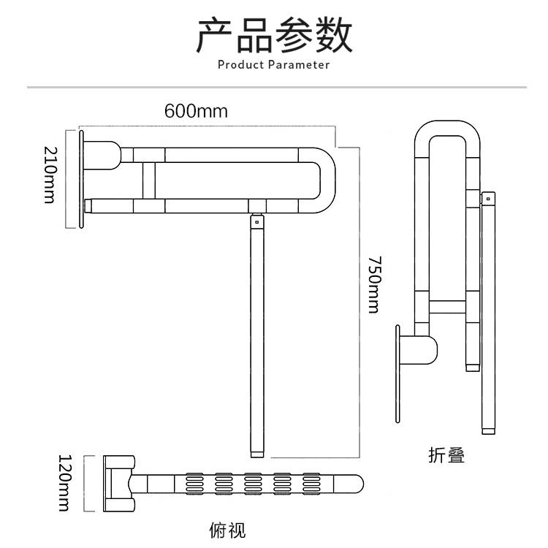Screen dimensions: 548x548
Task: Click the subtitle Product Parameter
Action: (274, 65)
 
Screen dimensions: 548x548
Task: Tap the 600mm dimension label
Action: (196, 111)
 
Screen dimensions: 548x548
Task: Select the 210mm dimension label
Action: (50, 175)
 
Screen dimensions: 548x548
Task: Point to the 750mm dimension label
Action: (373, 284)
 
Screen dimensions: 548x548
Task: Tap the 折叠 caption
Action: (446, 455)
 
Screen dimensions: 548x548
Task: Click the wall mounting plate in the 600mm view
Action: (82, 179)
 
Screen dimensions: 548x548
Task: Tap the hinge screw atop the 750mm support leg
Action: (256, 218)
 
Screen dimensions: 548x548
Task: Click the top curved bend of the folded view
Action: (443, 129)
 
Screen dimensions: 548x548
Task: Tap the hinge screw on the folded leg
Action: (487, 198)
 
